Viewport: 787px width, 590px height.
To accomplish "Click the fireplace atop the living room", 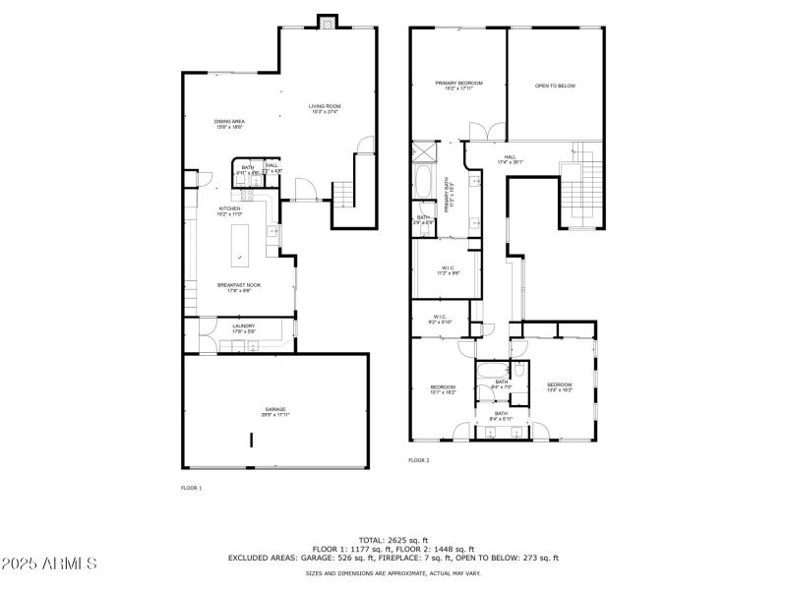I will (327, 22).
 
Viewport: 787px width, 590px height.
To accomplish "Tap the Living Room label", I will (325, 108).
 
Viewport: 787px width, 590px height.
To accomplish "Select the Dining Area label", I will (229, 124).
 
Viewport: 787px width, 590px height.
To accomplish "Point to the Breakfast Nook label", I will (238, 287).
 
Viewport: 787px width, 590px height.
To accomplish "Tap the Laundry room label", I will (244, 328).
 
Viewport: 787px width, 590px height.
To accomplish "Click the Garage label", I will (275, 412).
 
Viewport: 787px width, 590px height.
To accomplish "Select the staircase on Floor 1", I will (343, 194).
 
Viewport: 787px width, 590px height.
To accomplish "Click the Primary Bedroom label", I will (459, 86).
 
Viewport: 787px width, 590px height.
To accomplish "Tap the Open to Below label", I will (555, 86).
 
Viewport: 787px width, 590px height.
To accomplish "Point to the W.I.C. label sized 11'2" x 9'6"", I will (447, 269).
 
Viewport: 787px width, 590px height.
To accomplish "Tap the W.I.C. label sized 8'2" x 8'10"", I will (440, 320).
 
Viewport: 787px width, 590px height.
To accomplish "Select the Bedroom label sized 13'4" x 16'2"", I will (560, 386).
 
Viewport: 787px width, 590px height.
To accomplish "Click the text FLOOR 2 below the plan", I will (419, 460).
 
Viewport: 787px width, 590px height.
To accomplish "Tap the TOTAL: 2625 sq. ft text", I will (393, 540).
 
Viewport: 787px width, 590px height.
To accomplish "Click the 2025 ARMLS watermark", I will (49, 563).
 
